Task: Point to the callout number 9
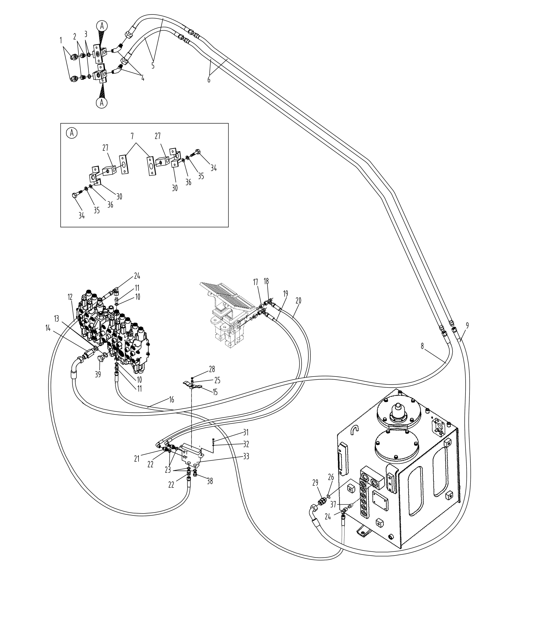tap(467, 325)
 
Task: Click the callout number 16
tap(171, 400)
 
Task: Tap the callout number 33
tap(246, 465)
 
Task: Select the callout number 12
tap(70, 297)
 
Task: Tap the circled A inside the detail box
tap(72, 133)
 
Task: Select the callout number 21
tap(137, 467)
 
